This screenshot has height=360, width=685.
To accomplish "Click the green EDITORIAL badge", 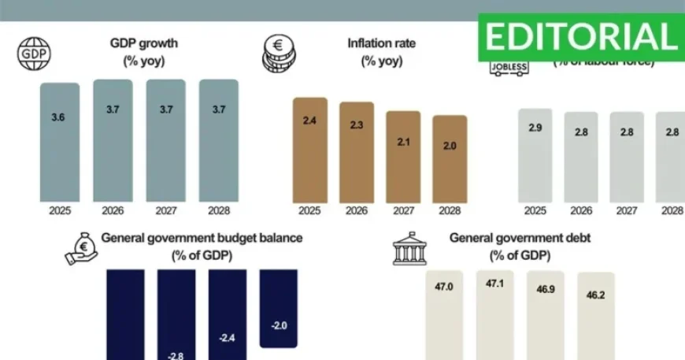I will pos(581,36).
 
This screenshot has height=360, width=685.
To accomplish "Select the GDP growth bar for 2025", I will pos(60,142).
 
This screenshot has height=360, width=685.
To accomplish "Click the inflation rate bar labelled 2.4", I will pos(309,150).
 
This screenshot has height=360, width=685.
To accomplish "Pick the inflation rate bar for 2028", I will pos(450,158).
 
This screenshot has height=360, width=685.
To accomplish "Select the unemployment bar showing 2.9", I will pos(535,155).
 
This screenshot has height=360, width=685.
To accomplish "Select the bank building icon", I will pos(408,248).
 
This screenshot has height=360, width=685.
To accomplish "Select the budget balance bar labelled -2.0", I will pos(279,308).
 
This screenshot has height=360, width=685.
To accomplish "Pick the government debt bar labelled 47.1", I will pos(494,315).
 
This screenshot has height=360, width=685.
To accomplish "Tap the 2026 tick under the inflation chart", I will pos(357,211).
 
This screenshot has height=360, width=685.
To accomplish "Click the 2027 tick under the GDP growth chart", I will pos(165,211).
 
